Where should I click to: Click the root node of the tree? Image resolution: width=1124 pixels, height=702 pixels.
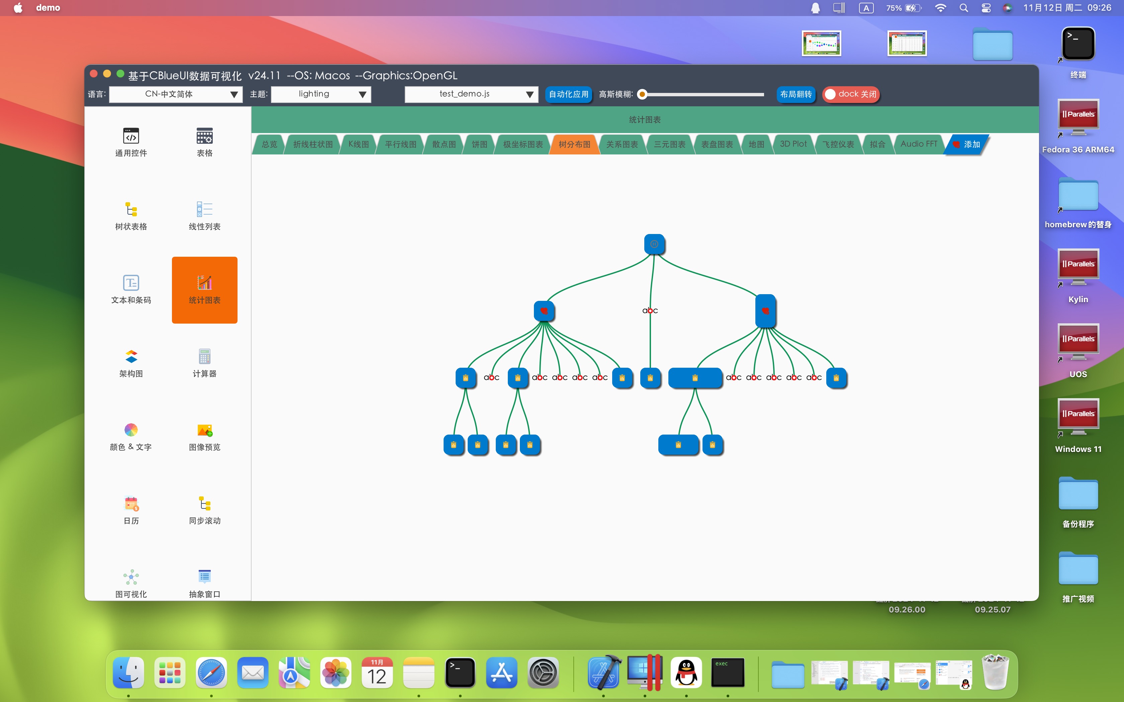click(654, 244)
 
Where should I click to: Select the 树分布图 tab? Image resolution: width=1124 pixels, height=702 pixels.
click(574, 144)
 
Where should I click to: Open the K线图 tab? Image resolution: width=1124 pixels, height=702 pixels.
click(359, 144)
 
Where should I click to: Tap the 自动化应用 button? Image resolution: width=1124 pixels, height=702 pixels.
click(568, 94)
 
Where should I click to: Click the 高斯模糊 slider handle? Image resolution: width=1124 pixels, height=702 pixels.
click(642, 95)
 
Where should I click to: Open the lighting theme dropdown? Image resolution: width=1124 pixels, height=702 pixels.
click(321, 94)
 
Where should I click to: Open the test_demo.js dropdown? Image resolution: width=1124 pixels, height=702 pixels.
click(471, 94)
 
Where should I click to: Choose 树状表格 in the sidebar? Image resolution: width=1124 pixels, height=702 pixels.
click(131, 216)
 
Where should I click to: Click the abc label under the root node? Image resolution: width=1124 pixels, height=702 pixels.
click(650, 311)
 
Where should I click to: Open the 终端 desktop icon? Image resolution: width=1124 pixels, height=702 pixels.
click(1078, 44)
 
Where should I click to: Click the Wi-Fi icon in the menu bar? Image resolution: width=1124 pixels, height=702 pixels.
click(941, 8)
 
